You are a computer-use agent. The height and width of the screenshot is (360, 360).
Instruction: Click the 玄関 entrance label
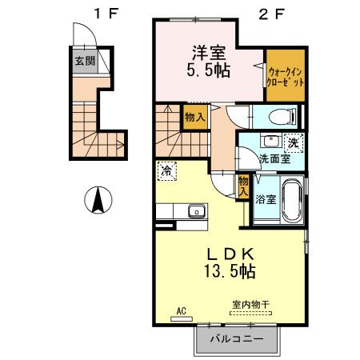(85, 61)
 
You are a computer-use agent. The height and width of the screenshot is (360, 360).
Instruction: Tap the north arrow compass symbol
(98, 200)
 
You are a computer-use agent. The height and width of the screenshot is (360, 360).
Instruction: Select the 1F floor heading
(106, 14)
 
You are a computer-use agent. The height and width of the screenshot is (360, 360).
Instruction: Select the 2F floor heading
(272, 14)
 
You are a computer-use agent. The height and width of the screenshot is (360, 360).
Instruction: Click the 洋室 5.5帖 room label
(209, 62)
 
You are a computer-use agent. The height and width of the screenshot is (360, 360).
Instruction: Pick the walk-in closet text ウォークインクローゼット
(286, 77)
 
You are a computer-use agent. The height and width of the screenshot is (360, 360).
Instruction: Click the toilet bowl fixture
(282, 117)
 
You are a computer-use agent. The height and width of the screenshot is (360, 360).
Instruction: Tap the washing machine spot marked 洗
(294, 143)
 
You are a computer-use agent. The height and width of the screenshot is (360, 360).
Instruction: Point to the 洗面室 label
(275, 159)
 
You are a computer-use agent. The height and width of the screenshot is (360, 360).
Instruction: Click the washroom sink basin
(271, 140)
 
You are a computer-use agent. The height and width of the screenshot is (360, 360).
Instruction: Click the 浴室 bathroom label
(266, 199)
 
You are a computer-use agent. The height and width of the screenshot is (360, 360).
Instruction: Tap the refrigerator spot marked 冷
(167, 171)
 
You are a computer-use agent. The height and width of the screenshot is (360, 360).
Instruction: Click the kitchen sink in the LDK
(197, 211)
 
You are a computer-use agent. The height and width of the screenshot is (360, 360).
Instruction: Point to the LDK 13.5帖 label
(230, 263)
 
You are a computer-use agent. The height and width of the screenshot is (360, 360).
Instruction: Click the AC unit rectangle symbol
(182, 318)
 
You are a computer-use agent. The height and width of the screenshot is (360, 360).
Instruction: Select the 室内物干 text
(251, 304)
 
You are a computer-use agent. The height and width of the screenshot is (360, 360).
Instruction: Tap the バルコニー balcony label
(237, 339)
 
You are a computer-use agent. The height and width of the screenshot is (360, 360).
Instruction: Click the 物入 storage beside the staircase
(195, 117)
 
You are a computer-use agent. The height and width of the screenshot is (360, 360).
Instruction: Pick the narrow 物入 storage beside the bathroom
(243, 186)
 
